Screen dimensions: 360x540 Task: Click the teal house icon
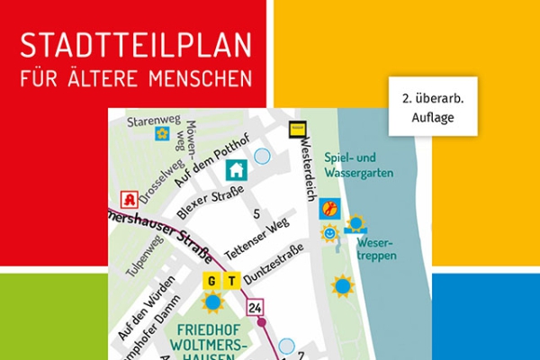pyautogui.click(x=236, y=169)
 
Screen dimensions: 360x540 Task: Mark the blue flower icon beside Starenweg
pyautogui.click(x=162, y=134)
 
